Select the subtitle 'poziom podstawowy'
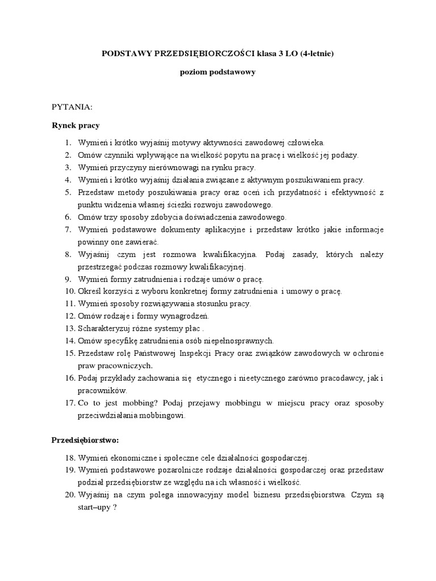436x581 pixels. pos(218,72)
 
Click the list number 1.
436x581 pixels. pos(67,142)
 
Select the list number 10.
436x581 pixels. pos(69,291)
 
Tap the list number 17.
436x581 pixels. pos(69,402)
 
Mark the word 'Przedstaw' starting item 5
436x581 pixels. pos(95,192)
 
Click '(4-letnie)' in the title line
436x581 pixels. pos(316,53)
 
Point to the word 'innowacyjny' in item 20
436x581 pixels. pos(204,494)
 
